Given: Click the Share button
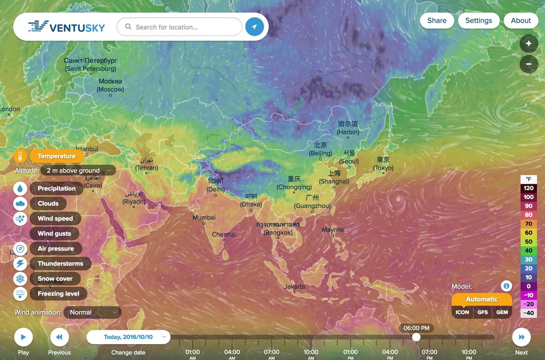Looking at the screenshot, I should pos(436,20).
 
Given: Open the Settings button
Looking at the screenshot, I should pos(478,20).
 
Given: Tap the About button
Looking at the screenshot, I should pos(520,20).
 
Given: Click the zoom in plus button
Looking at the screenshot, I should pos(529,44).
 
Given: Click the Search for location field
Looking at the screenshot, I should pos(179,27).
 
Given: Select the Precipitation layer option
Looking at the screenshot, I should pos(56,188).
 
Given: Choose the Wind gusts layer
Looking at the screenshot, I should pos(54,233).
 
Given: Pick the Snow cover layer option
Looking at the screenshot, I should pos(55,279).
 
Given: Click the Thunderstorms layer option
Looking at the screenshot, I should pos(60,264).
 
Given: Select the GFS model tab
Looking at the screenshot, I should pos(482,312).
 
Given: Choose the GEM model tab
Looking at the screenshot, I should pos(502,312).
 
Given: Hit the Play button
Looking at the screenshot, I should pos(23,337).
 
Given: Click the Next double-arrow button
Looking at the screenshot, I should pos(521,337).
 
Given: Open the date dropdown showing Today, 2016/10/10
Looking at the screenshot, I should pos(129,337).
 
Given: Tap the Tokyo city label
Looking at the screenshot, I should pos(383,164).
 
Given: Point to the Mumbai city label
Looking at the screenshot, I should pos(204,218).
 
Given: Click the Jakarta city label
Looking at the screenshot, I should pos(295,287).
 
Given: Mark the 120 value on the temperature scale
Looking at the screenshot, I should pos(529,188).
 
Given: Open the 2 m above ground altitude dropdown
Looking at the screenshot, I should pos(78,171).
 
